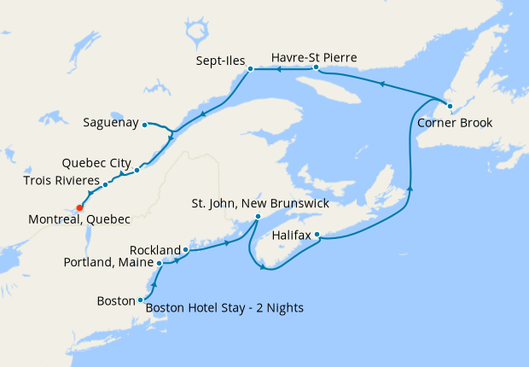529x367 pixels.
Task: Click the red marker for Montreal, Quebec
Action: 79,207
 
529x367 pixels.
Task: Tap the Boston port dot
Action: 140,300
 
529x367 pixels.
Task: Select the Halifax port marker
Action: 317,234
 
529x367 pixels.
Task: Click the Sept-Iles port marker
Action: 250,69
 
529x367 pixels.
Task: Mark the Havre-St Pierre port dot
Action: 316,67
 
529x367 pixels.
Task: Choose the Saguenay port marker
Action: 145,124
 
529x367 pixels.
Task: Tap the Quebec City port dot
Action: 137,169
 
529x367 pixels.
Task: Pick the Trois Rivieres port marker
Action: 105,184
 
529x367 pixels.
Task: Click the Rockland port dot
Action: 185,250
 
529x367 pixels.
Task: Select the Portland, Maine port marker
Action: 160,263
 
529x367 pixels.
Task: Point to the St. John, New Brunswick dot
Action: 258,217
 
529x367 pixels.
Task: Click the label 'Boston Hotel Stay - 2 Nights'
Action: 224,308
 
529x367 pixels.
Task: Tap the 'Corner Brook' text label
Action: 455,122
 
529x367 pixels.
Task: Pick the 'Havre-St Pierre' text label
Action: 313,57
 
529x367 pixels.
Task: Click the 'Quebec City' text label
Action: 96,162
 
